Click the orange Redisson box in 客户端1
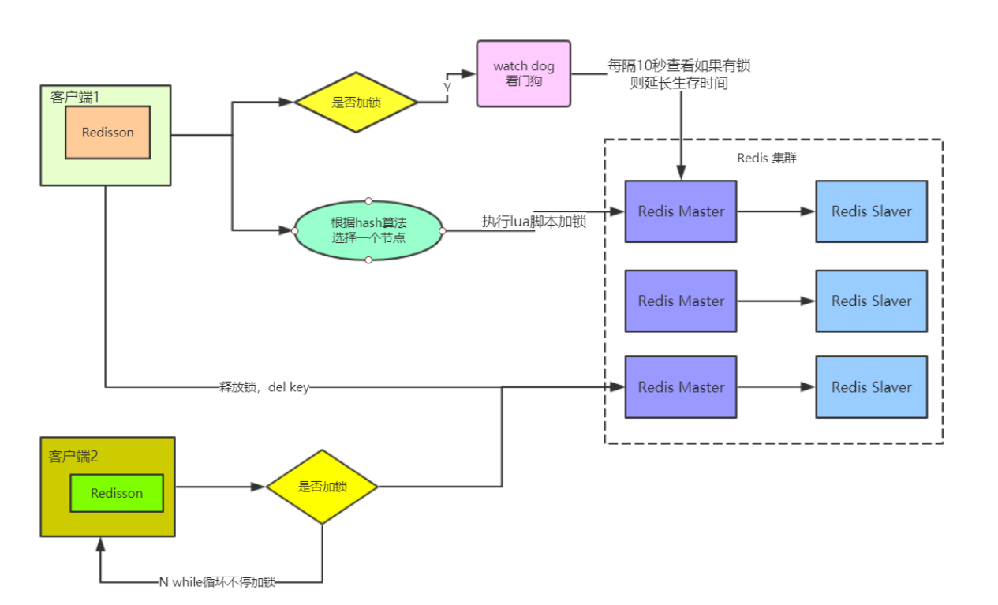107,133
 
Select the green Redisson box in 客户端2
117,493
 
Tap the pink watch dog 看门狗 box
523,73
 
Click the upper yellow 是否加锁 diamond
355,102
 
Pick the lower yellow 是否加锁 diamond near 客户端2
322,487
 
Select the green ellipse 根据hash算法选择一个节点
368,230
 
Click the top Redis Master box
680,211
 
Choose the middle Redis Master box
680,301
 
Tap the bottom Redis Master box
680,387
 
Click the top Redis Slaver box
871,211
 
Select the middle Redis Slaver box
871,301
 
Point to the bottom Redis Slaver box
871,387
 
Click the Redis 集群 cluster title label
766,158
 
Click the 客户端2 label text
73,457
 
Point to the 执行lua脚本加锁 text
534,222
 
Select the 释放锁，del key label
264,387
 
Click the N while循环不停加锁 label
217,582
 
